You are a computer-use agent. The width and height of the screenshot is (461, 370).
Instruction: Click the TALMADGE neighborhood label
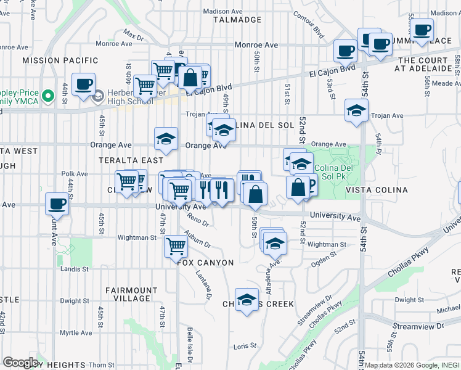(x=237, y=20)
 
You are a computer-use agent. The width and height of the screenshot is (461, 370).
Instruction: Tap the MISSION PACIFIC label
(x=60, y=60)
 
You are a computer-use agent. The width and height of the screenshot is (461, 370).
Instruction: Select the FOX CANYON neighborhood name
(x=206, y=263)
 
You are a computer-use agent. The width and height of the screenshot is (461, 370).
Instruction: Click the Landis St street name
(x=75, y=269)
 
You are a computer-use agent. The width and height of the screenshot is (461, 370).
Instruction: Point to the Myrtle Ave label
(x=76, y=333)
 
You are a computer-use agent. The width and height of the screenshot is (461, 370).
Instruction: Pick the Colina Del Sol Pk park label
(x=333, y=173)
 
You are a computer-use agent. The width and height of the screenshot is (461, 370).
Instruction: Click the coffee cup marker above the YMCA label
(x=83, y=84)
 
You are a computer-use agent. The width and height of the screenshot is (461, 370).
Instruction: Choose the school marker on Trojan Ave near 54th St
(x=356, y=110)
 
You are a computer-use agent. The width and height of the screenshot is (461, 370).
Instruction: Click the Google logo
(x=20, y=363)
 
